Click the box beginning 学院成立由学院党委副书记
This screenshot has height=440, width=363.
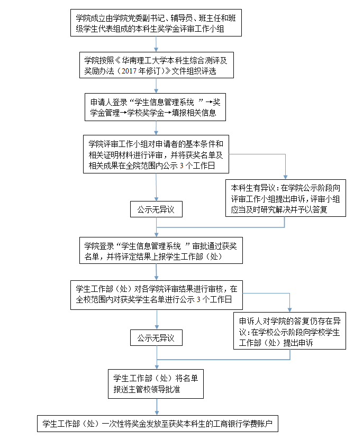point(156,23)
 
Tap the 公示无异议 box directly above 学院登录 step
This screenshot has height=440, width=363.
point(156,209)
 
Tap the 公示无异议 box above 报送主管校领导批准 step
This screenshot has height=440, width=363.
point(156,337)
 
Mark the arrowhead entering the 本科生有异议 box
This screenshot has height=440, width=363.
point(286,177)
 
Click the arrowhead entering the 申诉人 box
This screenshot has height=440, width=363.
point(290,310)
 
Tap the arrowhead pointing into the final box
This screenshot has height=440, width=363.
point(157,412)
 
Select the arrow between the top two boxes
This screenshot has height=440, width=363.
point(156,43)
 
